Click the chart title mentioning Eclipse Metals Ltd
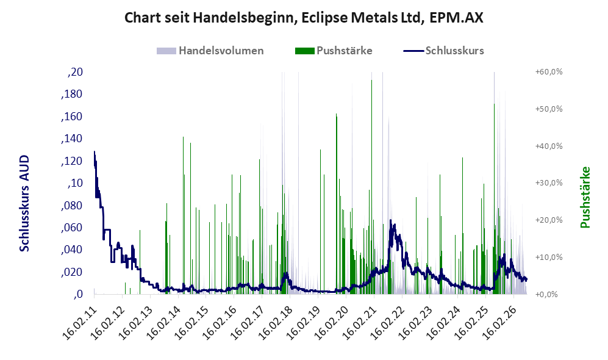[304, 18]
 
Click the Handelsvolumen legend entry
[210, 51]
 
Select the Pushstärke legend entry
[334, 51]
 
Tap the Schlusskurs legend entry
[443, 51]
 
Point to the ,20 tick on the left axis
[75, 72]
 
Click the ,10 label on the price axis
[75, 183]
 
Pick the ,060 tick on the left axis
[72, 228]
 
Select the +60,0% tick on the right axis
[549, 72]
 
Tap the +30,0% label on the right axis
[549, 182]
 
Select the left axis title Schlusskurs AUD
[24, 203]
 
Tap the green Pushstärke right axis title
[585, 198]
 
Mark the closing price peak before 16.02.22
[390, 220]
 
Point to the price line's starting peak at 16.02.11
[95, 152]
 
